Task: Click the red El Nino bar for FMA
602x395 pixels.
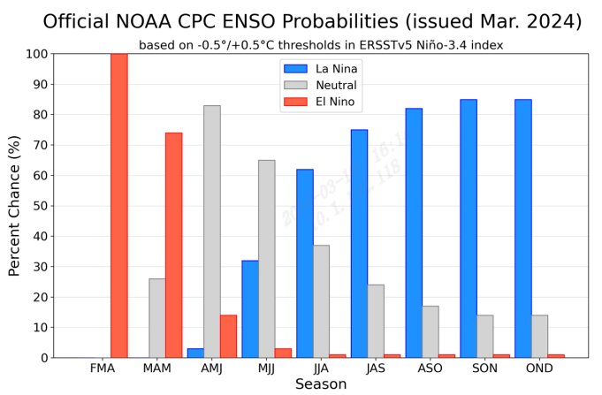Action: [118, 205]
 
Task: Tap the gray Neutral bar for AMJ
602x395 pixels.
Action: [212, 232]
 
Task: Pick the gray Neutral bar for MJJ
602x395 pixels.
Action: [266, 259]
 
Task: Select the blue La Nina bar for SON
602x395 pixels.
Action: [469, 228]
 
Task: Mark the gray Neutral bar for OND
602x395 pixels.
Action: [539, 336]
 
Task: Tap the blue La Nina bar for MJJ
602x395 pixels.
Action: [250, 309]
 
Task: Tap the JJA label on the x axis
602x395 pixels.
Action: [321, 368]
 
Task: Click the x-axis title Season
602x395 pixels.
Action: [320, 384]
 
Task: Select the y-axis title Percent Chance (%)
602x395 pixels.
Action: [14, 206]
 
